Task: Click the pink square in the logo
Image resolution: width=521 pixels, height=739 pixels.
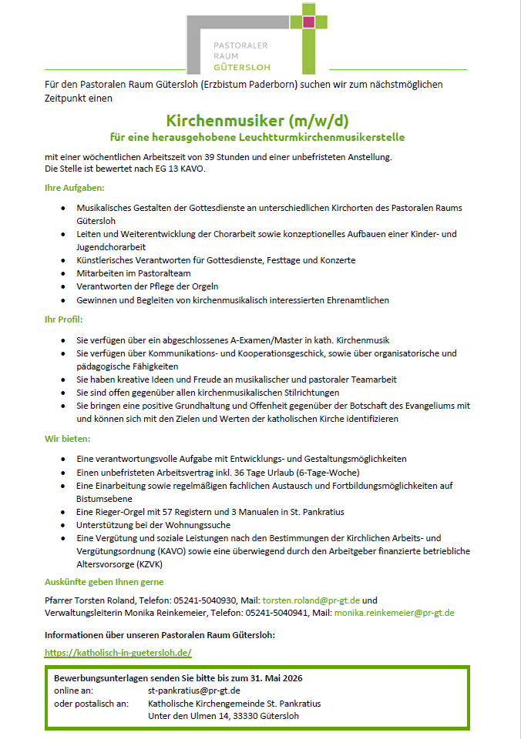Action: click(309, 22)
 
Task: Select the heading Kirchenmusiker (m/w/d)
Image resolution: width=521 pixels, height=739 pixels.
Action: click(257, 121)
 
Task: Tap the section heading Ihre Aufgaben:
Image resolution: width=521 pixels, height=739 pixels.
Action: click(75, 188)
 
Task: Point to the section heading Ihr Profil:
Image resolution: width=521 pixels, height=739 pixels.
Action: click(63, 319)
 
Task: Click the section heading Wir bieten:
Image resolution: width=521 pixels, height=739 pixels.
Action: click(67, 439)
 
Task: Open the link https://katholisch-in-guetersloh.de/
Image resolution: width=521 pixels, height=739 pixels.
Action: click(118, 653)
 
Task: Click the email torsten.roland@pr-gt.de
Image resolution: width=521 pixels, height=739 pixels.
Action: click(311, 600)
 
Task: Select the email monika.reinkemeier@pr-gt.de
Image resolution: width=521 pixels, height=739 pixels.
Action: click(394, 613)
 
